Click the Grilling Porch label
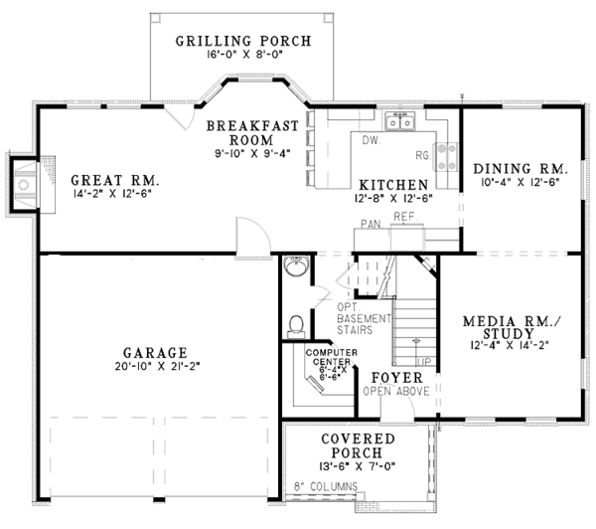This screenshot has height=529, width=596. click(x=243, y=41)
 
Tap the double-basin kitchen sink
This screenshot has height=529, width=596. click(x=401, y=123)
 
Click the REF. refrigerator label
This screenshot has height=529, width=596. click(x=403, y=215)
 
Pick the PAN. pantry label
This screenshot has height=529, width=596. click(x=372, y=225)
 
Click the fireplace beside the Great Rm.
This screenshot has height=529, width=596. click(x=24, y=183)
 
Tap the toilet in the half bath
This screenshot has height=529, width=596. click(x=294, y=325)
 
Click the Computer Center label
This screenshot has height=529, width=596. click(x=331, y=364)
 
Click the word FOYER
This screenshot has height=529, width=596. click(x=396, y=378)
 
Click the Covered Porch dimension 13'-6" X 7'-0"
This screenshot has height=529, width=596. click(x=359, y=467)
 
